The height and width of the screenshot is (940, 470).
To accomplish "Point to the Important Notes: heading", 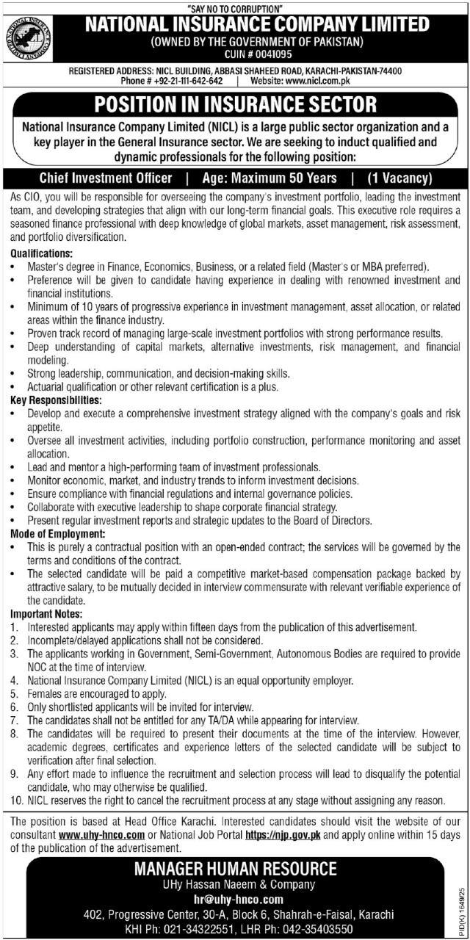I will (x=47, y=613).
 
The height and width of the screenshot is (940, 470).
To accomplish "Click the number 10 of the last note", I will (x=16, y=800).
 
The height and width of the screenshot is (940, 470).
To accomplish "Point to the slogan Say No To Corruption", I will (x=234, y=7).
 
